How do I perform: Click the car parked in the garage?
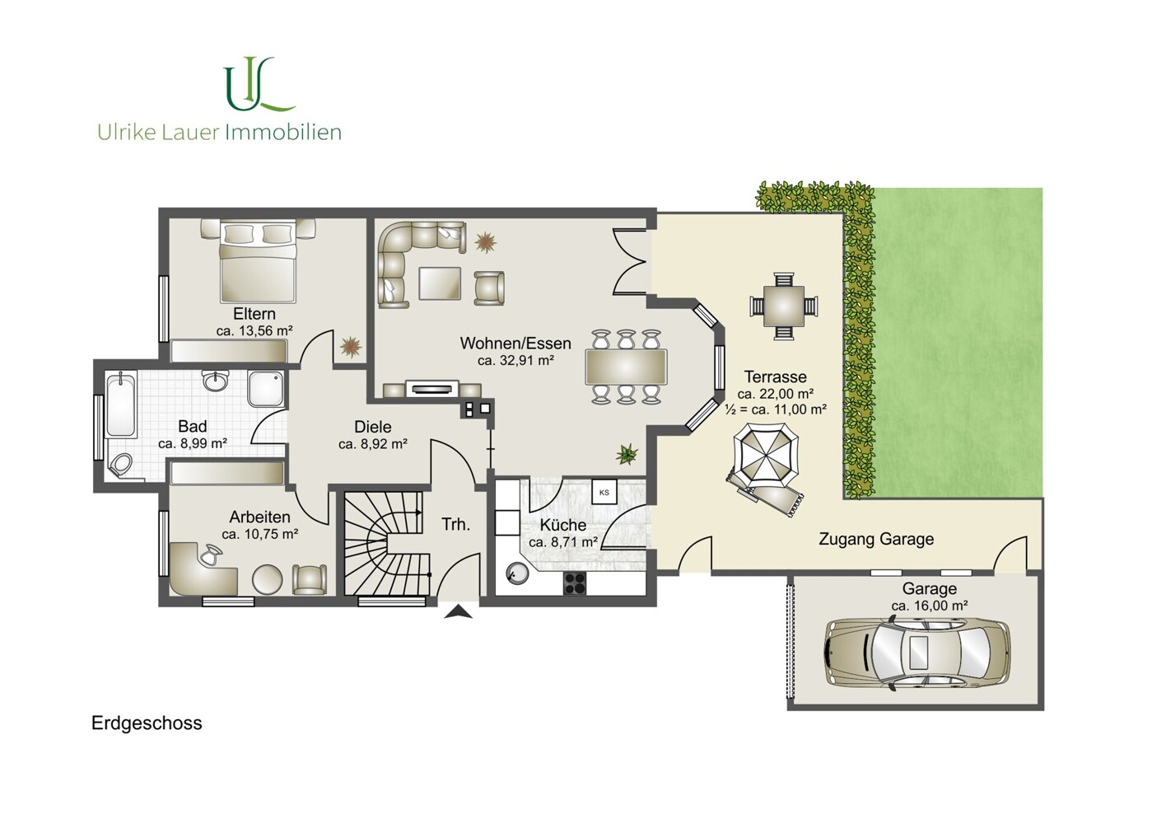click(916, 653)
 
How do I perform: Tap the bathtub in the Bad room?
click(121, 405)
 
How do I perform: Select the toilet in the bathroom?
click(121, 464)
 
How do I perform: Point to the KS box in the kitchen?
click(604, 493)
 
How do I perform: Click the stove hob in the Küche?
click(575, 583)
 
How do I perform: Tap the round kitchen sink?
click(516, 573)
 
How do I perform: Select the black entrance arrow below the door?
click(458, 612)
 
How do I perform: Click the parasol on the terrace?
click(766, 456)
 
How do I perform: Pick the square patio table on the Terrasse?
click(783, 306)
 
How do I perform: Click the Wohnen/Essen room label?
click(515, 344)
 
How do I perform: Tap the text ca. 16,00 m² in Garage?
click(930, 606)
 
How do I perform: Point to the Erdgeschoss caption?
click(147, 723)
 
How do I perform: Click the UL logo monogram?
click(259, 84)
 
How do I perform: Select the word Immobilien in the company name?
click(283, 133)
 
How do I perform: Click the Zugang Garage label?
click(876, 540)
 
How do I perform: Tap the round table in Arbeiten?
click(267, 580)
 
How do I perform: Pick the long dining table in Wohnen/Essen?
click(626, 367)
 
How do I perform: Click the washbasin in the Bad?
click(216, 381)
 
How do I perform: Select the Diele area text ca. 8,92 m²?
click(373, 444)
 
